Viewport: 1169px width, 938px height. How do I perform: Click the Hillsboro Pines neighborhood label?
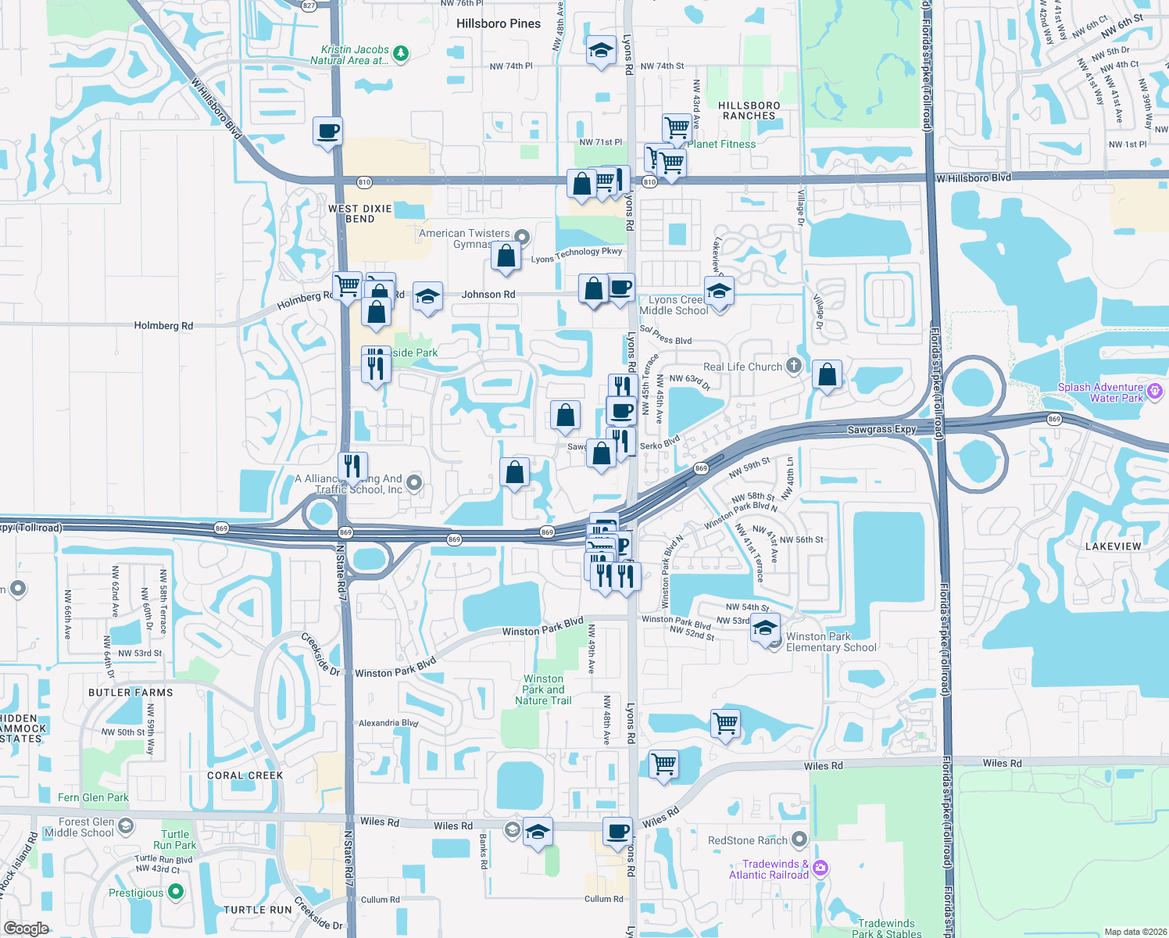pyautogui.click(x=499, y=23)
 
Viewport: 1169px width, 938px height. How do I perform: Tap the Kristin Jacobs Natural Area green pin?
pyautogui.click(x=401, y=53)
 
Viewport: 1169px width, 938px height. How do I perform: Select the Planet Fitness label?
pyautogui.click(x=721, y=144)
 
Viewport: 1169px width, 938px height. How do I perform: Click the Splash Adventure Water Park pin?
pyautogui.click(x=1155, y=389)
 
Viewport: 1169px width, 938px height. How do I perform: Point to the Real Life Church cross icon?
pyautogui.click(x=794, y=366)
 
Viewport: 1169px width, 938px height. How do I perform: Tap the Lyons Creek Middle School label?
pyautogui.click(x=674, y=305)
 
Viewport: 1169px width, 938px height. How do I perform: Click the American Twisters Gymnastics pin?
pyautogui.click(x=522, y=237)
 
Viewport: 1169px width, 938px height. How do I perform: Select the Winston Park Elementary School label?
pyautogui.click(x=831, y=642)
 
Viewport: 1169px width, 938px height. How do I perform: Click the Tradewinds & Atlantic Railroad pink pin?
pyautogui.click(x=820, y=868)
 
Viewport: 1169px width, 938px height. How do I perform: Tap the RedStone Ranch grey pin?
pyautogui.click(x=799, y=840)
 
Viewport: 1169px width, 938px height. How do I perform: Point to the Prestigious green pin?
pyautogui.click(x=176, y=892)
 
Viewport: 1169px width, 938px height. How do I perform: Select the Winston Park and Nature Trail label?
pyautogui.click(x=543, y=689)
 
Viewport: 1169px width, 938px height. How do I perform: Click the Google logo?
pyautogui.click(x=26, y=928)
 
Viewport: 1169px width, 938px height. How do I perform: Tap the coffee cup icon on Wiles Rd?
pyautogui.click(x=617, y=832)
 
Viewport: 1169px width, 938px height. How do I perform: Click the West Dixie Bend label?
pyautogui.click(x=360, y=213)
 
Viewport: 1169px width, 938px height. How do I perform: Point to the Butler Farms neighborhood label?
pyautogui.click(x=130, y=693)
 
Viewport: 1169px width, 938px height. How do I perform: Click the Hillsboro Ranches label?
pyautogui.click(x=749, y=110)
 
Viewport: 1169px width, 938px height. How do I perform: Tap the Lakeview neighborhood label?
pyautogui.click(x=1113, y=546)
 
